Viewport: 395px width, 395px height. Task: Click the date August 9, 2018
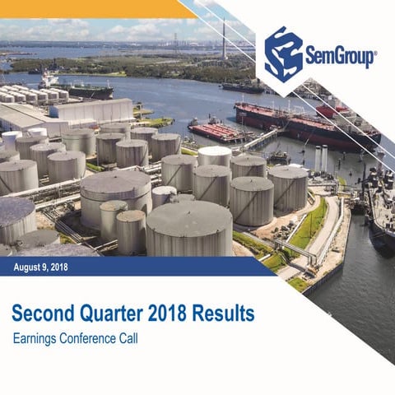[41, 266]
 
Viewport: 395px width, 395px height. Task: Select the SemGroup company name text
[341, 57]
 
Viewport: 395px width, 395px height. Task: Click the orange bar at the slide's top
[91, 8]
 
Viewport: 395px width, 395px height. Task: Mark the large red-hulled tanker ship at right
[304, 123]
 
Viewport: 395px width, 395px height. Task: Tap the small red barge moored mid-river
[216, 132]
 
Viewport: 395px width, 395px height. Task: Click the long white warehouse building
[91, 110]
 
